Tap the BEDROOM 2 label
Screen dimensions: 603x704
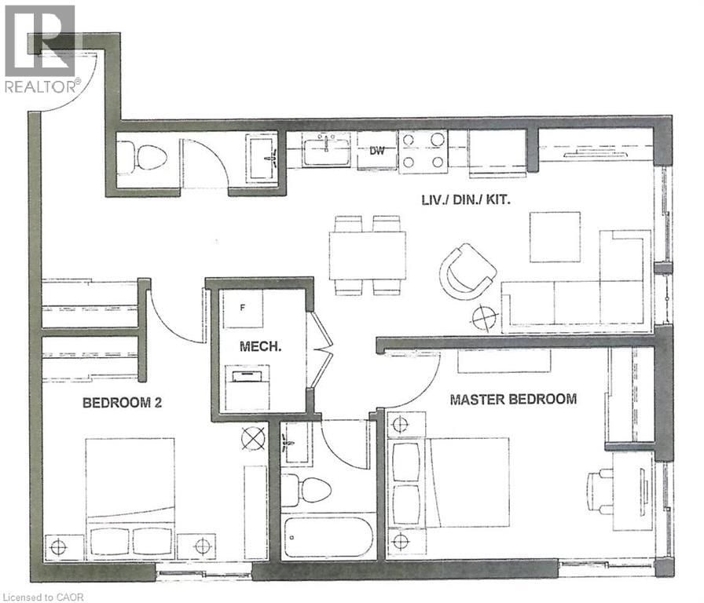click(123, 404)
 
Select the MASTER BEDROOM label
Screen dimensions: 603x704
click(513, 399)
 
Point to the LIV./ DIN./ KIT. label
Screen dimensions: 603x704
click(466, 200)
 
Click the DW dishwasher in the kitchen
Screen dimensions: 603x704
click(377, 151)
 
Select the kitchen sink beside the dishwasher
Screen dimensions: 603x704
click(327, 149)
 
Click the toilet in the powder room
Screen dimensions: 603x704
click(146, 159)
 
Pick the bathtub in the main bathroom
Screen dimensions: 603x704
click(328, 536)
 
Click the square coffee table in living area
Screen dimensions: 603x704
click(555, 236)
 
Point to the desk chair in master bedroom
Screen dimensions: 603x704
click(601, 491)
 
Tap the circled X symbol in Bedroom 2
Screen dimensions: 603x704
click(253, 438)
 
